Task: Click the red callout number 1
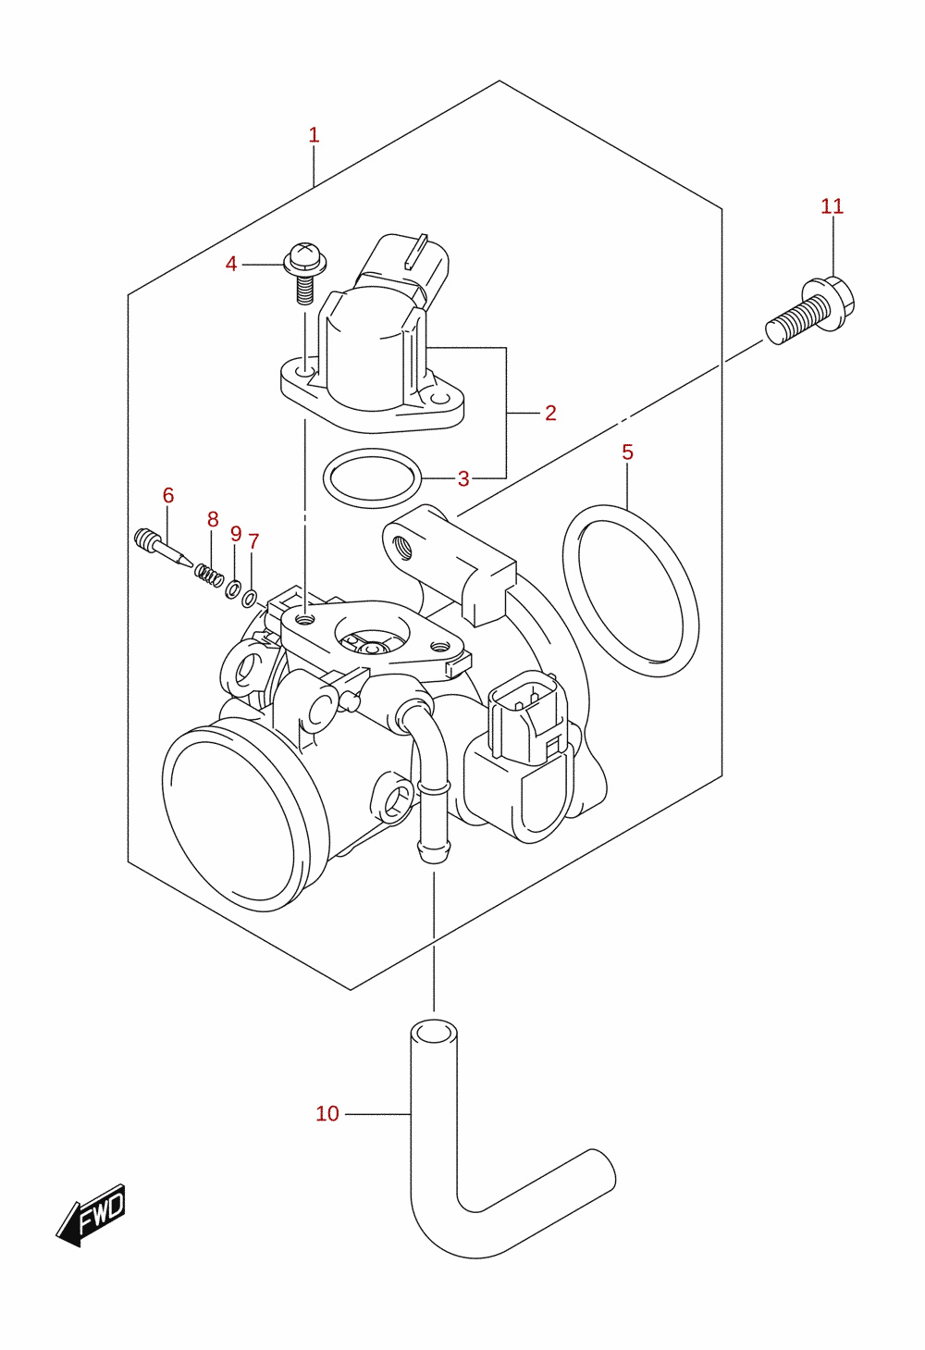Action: [x=314, y=135]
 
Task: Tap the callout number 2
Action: [x=550, y=413]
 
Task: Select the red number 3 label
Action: [x=462, y=479]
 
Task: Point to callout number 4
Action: [x=231, y=264]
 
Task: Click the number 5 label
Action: [x=627, y=452]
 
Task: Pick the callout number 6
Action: [x=168, y=495]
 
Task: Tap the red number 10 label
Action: [x=327, y=1114]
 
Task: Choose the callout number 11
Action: [x=832, y=206]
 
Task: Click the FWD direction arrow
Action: [x=91, y=1215]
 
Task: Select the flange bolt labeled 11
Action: [x=810, y=310]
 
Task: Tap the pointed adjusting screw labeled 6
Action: [x=163, y=547]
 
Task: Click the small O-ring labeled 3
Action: [x=372, y=475]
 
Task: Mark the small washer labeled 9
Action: [x=232, y=589]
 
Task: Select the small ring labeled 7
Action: [x=249, y=599]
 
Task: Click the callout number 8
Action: [x=213, y=519]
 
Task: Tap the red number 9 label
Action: [x=236, y=533]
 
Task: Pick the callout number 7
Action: [x=253, y=542]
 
